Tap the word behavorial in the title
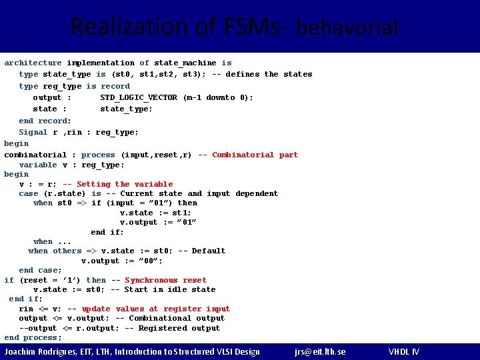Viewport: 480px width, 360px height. click(347, 28)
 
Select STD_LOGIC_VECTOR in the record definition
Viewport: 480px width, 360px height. click(139, 97)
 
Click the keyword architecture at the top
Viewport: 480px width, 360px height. click(33, 63)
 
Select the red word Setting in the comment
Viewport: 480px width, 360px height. click(93, 184)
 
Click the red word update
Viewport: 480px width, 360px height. click(96, 309)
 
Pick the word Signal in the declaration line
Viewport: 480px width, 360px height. click(33, 132)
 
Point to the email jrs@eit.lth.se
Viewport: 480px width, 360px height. click(320, 351)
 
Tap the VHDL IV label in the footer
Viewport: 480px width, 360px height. click(404, 351)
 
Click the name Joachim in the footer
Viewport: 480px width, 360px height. click(22, 351)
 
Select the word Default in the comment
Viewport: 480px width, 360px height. click(209, 251)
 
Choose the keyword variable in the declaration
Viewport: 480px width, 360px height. click(38, 165)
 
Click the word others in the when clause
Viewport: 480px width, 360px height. click(67, 251)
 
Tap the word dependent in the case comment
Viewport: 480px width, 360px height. click(257, 193)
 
